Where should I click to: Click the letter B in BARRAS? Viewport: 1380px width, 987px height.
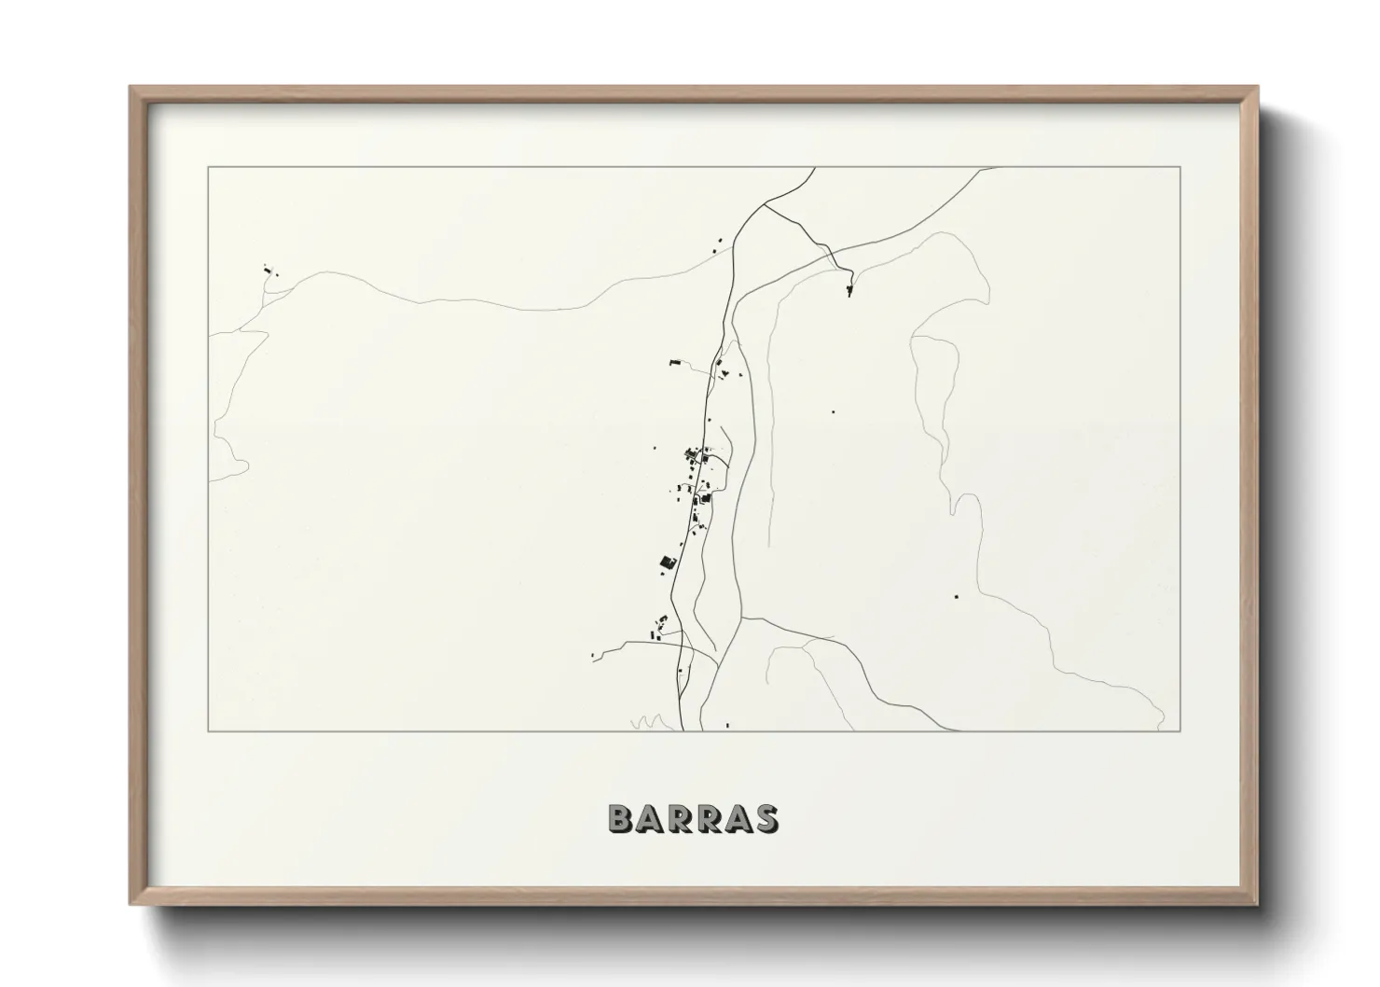(622, 819)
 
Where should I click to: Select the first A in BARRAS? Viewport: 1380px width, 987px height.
(652, 819)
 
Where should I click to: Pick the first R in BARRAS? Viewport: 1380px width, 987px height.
(681, 819)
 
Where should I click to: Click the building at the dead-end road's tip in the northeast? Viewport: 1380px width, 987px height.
(849, 291)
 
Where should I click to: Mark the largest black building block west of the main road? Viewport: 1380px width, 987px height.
(667, 562)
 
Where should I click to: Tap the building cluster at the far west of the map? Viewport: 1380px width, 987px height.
(269, 271)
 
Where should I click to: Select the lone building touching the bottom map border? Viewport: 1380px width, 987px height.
(727, 725)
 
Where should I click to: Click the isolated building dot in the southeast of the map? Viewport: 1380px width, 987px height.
(956, 595)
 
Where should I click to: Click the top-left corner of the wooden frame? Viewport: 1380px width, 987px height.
(131, 88)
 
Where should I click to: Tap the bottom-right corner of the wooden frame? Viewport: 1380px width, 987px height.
(1257, 905)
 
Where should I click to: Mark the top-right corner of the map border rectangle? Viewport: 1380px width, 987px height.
(1180, 167)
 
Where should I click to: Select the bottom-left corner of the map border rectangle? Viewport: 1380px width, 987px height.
(208, 730)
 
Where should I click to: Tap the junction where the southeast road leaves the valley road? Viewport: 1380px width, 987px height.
(743, 617)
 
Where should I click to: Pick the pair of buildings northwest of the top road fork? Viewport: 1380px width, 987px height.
(718, 245)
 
